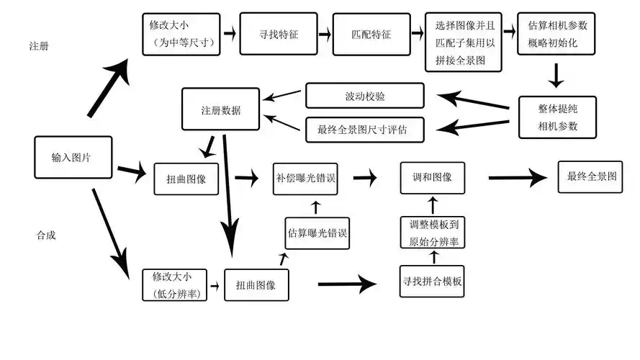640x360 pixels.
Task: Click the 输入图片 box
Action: click(73, 157)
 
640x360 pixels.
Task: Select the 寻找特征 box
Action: click(269, 33)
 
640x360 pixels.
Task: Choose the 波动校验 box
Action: click(365, 95)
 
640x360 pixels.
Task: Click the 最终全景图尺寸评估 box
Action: click(365, 130)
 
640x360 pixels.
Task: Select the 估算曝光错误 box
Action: click(317, 233)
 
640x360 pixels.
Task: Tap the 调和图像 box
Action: click(433, 177)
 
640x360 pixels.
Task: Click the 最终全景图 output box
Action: click(590, 176)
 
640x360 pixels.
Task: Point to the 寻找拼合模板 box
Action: click(432, 281)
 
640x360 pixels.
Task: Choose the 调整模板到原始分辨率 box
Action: click(432, 233)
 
